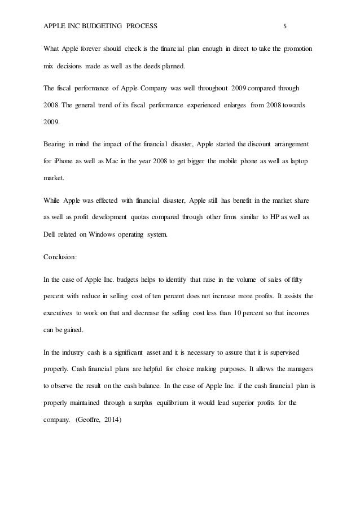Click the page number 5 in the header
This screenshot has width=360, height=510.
[x=285, y=26]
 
